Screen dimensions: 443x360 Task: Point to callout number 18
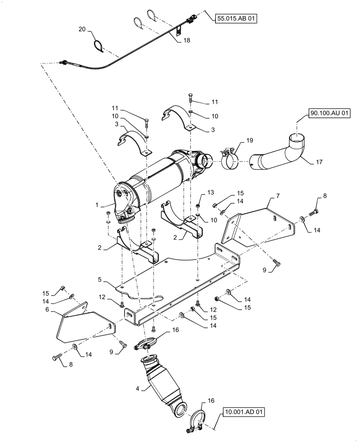186,40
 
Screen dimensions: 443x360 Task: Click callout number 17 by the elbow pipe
319,162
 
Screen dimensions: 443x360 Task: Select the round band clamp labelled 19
229,162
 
